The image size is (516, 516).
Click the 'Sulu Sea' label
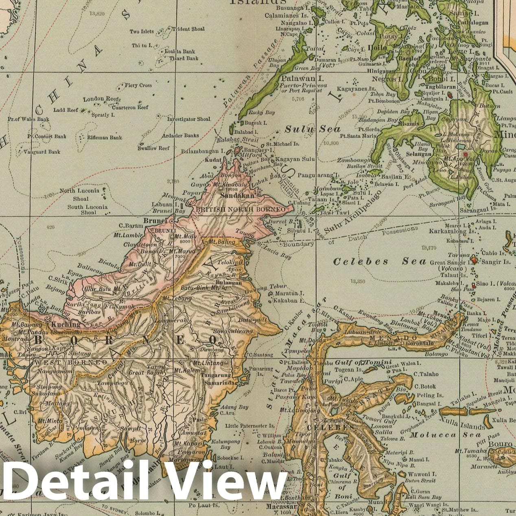[x=313, y=129]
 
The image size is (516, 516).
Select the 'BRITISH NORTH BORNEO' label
[x=241, y=209]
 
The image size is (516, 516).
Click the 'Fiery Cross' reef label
[x=138, y=85]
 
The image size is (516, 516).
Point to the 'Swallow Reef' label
[x=153, y=149]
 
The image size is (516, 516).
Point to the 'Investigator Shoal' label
[x=189, y=119]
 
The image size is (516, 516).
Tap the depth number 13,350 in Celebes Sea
[x=359, y=281]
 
